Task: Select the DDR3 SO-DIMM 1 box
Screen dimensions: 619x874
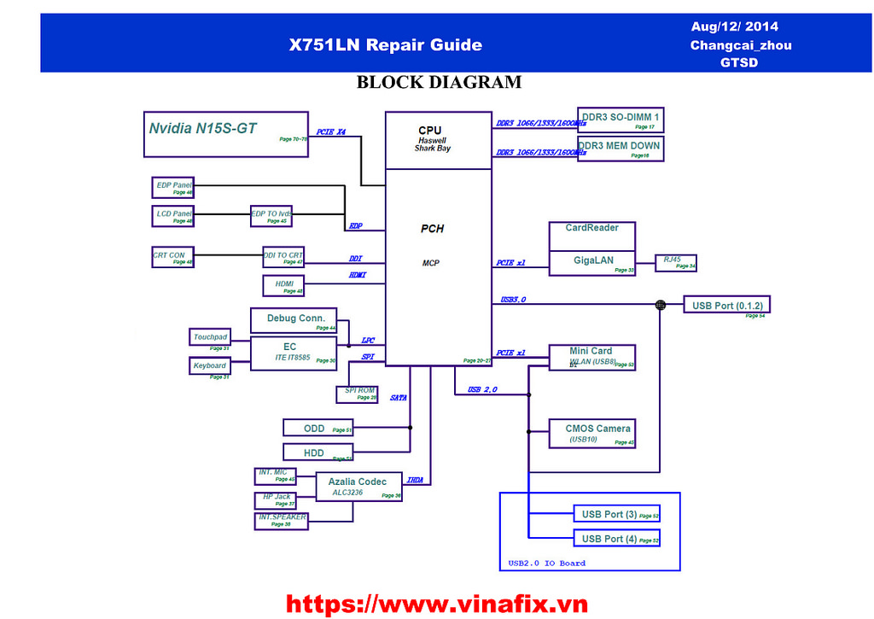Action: click(621, 120)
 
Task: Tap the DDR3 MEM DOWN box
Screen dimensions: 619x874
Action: click(620, 149)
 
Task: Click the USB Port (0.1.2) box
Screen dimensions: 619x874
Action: click(727, 306)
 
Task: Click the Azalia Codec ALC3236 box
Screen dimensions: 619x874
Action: click(358, 487)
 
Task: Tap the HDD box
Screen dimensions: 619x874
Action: click(318, 453)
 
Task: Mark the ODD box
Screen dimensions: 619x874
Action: click(318, 429)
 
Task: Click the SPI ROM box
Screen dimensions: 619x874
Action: click(357, 394)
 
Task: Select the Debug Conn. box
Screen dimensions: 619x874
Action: click(294, 320)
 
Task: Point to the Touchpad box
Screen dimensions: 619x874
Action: click(210, 338)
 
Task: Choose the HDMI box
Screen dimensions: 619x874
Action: click(283, 285)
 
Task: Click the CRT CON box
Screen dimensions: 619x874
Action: click(173, 256)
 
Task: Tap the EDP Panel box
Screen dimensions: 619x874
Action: click(173, 187)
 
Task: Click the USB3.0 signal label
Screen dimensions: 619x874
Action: click(514, 300)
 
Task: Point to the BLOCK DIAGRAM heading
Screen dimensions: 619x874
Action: click(439, 83)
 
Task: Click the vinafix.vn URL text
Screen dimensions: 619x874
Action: click(436, 604)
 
